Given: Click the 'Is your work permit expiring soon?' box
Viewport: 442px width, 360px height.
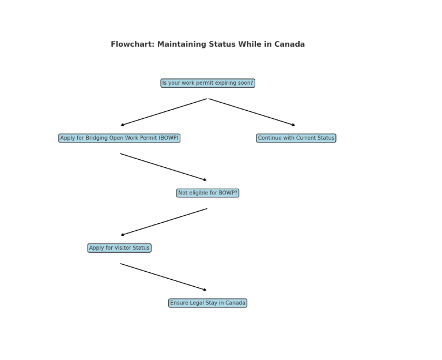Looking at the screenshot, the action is pyautogui.click(x=208, y=83).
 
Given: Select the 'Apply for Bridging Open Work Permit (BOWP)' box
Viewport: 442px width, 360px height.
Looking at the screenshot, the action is pyautogui.click(x=119, y=138).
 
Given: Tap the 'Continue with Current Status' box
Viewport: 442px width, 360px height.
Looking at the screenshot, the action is pyautogui.click(x=296, y=138).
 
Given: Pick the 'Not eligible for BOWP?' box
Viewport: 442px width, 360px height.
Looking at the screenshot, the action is pyautogui.click(x=208, y=193).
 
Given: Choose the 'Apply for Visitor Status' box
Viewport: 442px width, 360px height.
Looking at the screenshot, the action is pyautogui.click(x=119, y=248).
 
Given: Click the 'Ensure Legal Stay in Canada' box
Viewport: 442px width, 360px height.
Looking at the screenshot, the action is pyautogui.click(x=208, y=303).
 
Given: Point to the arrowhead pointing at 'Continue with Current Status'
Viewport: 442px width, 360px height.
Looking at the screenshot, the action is pyautogui.click(x=293, y=125).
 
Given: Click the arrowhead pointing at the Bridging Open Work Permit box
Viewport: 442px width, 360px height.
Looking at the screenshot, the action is pyautogui.click(x=122, y=125).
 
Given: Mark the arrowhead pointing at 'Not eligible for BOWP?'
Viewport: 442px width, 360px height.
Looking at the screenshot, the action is pyautogui.click(x=205, y=179).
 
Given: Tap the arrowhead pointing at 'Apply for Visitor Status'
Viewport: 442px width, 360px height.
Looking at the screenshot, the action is pyautogui.click(x=122, y=234).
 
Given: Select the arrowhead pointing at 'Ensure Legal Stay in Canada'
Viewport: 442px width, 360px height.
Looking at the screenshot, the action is pyautogui.click(x=205, y=290).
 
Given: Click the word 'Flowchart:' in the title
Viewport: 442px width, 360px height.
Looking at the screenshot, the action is pyautogui.click(x=133, y=44).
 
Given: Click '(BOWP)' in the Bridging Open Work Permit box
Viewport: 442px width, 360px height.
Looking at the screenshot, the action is pyautogui.click(x=169, y=138).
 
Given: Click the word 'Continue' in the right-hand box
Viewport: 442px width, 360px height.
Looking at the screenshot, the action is pyautogui.click(x=268, y=138).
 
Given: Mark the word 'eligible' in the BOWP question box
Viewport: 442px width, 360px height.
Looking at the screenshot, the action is pyautogui.click(x=198, y=193).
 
